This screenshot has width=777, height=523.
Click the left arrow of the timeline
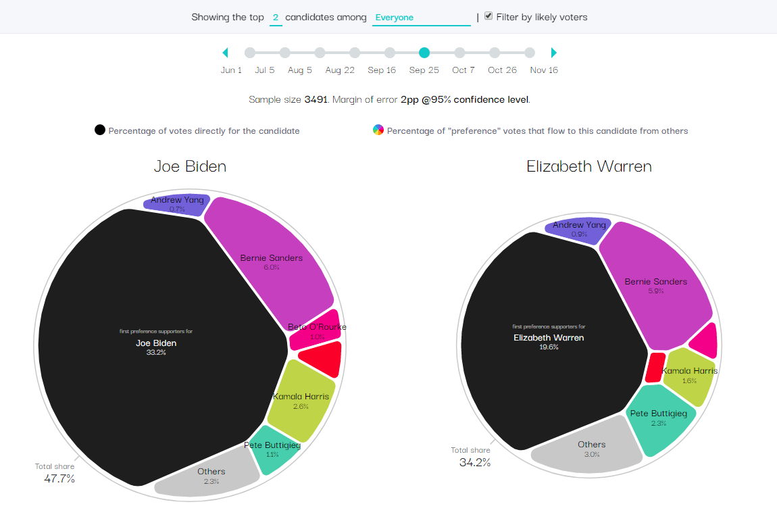[x=226, y=53]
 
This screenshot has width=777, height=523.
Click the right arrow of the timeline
[x=554, y=53]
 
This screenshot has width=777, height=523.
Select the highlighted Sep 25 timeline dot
[x=424, y=53]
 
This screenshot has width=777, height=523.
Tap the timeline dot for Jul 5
[x=284, y=53]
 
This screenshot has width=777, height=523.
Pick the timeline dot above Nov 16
[x=530, y=53]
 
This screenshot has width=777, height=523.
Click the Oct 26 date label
[x=502, y=70]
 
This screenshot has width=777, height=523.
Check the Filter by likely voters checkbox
[x=488, y=16]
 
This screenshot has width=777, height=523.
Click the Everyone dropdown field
[x=421, y=18]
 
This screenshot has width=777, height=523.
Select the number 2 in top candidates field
[x=276, y=18]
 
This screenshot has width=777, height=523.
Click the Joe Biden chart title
[x=190, y=166]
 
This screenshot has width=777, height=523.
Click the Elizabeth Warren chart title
[x=589, y=166]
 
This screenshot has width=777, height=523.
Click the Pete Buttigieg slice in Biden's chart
[x=272, y=449]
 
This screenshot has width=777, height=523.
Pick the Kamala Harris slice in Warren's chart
[x=688, y=376]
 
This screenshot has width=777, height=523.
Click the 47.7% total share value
[x=55, y=479]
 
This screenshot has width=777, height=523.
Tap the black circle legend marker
[x=100, y=130]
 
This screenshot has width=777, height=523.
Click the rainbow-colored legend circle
[x=378, y=130]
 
